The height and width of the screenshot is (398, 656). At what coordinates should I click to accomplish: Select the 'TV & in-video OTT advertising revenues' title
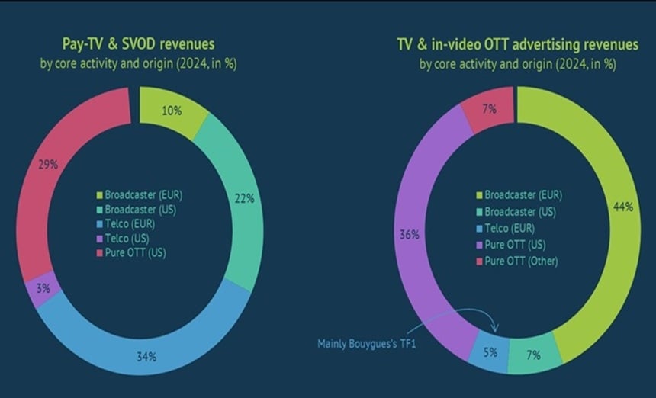pyautogui.click(x=517, y=45)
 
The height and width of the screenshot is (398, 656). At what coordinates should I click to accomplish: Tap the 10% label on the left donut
pyautogui.click(x=172, y=110)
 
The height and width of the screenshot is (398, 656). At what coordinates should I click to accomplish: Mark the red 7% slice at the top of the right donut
pyautogui.click(x=489, y=109)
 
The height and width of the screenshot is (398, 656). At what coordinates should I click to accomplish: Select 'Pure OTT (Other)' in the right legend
pyautogui.click(x=519, y=261)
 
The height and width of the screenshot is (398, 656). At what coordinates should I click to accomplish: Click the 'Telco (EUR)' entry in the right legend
pyautogui.click(x=511, y=227)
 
